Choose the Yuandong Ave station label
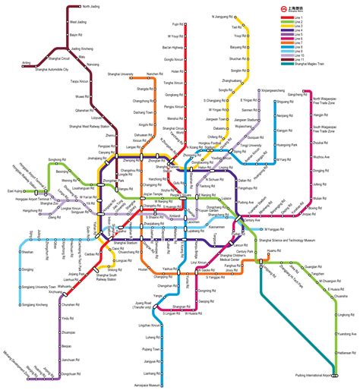click(345, 333)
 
